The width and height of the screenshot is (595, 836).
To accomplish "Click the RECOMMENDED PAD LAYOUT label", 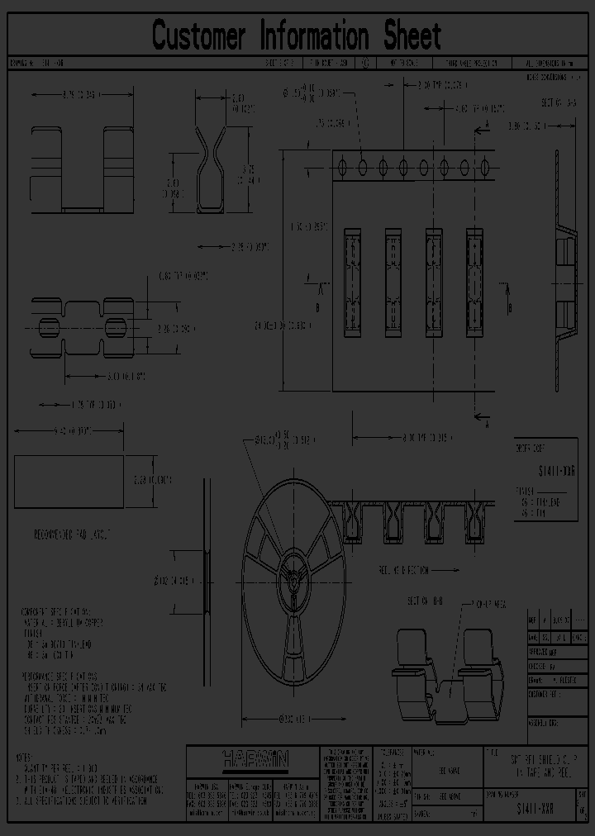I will (x=68, y=534).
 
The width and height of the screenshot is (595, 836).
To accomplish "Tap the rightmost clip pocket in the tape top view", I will (x=474, y=283).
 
